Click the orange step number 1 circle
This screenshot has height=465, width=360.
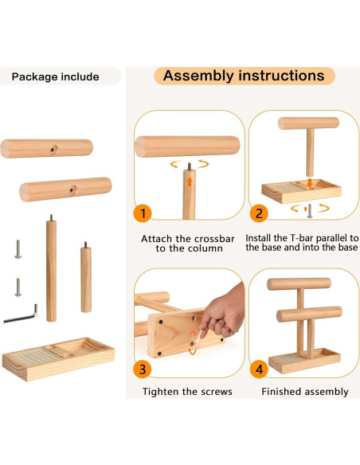(142, 213)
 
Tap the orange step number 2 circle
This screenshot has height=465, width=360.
(259, 213)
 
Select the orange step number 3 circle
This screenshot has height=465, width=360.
(142, 369)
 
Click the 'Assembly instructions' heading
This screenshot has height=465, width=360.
(244, 76)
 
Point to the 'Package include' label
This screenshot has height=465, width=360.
(56, 76)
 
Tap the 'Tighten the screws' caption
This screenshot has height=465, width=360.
(187, 391)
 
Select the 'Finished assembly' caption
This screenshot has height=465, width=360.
(305, 391)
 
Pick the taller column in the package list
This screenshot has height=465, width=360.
(51, 268)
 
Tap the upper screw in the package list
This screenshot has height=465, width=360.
(17, 249)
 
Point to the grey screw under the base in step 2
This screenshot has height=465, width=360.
(310, 209)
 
